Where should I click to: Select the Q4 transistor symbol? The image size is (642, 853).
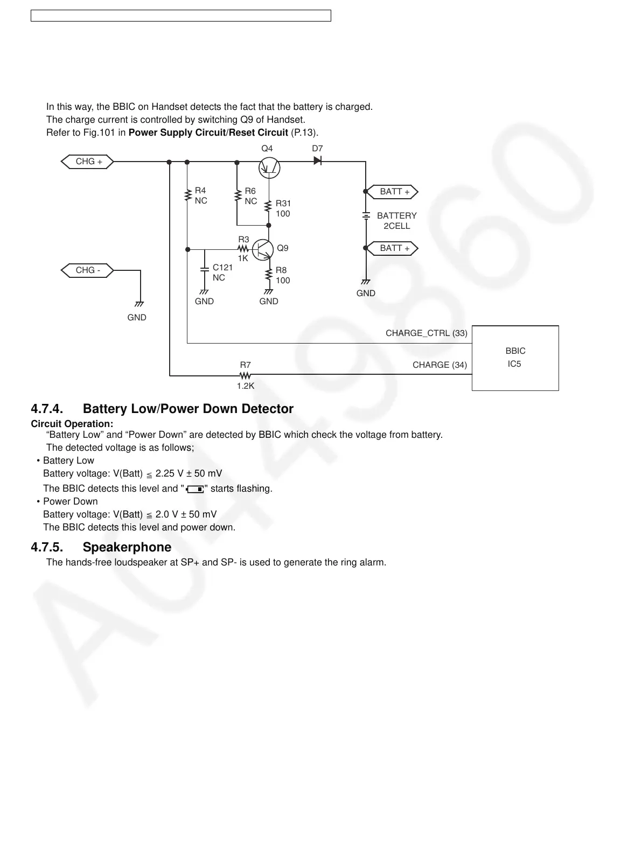269,167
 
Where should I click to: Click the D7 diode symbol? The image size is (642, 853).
318,160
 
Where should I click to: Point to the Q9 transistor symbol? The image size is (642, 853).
263,249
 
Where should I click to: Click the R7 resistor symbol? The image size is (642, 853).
245,375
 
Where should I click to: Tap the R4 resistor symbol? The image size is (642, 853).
187,195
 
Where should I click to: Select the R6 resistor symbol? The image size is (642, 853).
237,196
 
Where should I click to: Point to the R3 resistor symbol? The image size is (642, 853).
243,249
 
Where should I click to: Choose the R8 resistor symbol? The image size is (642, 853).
269,275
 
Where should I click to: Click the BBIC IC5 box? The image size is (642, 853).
515,358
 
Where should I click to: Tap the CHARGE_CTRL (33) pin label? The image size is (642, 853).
426,333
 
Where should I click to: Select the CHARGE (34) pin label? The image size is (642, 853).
439,365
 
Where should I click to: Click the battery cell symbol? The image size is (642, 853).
366,216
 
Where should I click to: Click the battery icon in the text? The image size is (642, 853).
196,489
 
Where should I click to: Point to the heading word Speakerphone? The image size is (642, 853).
127,547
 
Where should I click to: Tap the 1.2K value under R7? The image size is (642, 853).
245,386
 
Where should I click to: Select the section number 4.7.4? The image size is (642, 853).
47,409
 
